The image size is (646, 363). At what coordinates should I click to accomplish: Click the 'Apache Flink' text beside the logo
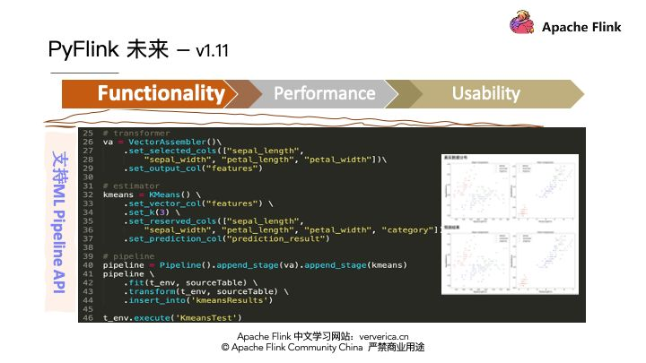click(581, 27)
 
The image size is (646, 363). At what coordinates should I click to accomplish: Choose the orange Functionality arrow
click(153, 93)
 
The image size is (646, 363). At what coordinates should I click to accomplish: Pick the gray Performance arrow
click(324, 93)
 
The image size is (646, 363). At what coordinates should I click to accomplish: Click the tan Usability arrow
click(485, 93)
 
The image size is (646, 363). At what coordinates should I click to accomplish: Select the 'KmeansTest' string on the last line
click(211, 317)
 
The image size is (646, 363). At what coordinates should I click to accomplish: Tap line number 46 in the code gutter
click(88, 317)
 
